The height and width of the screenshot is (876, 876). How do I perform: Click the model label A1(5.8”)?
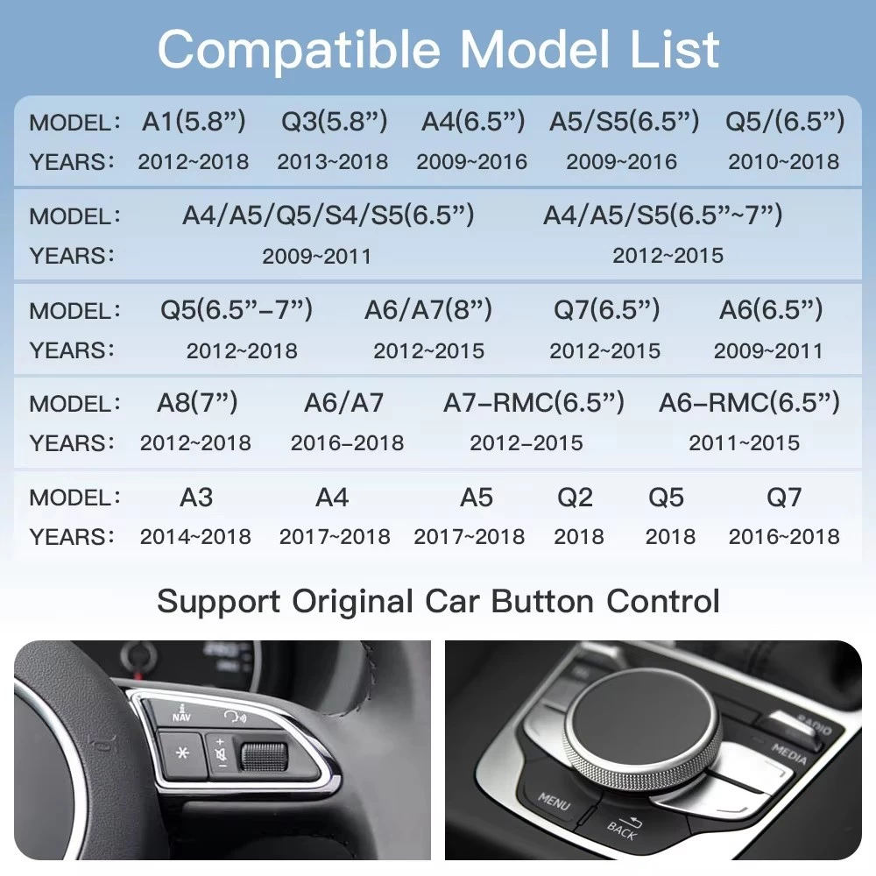[x=194, y=121]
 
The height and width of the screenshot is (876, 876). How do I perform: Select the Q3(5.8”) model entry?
[x=334, y=121]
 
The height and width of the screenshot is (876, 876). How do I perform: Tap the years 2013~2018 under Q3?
[x=332, y=162]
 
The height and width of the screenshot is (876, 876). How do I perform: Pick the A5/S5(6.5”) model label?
[x=624, y=121]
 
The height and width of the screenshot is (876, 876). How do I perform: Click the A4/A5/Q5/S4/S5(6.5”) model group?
[x=328, y=215]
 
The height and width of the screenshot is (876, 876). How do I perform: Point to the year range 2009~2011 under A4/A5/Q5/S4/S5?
[x=317, y=257]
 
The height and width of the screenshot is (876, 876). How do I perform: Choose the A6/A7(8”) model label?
[x=428, y=309]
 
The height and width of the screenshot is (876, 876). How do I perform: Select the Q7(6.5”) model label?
[x=607, y=309]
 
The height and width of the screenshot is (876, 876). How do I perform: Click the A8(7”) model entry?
[x=197, y=402]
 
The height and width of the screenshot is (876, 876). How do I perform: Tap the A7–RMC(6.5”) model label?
[x=533, y=403]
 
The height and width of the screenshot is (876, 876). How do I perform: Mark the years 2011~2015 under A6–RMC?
[x=744, y=443]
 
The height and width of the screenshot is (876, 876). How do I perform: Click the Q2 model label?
[x=575, y=498]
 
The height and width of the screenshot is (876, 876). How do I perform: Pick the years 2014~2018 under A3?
[x=195, y=537]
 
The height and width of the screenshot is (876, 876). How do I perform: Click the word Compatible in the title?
[x=300, y=50]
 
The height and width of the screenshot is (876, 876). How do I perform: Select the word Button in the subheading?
[x=542, y=602]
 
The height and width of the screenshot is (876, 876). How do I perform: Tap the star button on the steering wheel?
[x=181, y=753]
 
